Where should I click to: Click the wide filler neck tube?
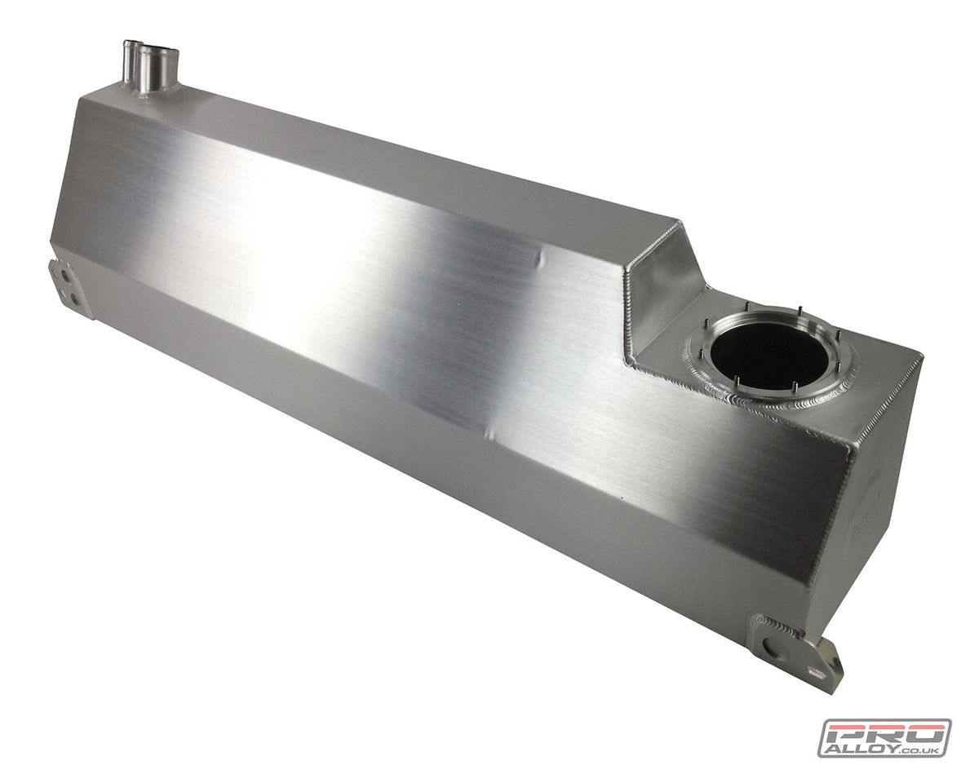click(158, 69)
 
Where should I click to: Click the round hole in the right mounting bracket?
click(772, 649)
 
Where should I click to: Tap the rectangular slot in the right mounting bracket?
click(815, 671)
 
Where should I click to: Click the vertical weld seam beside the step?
click(628, 310)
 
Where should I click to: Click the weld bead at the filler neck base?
click(155, 93)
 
